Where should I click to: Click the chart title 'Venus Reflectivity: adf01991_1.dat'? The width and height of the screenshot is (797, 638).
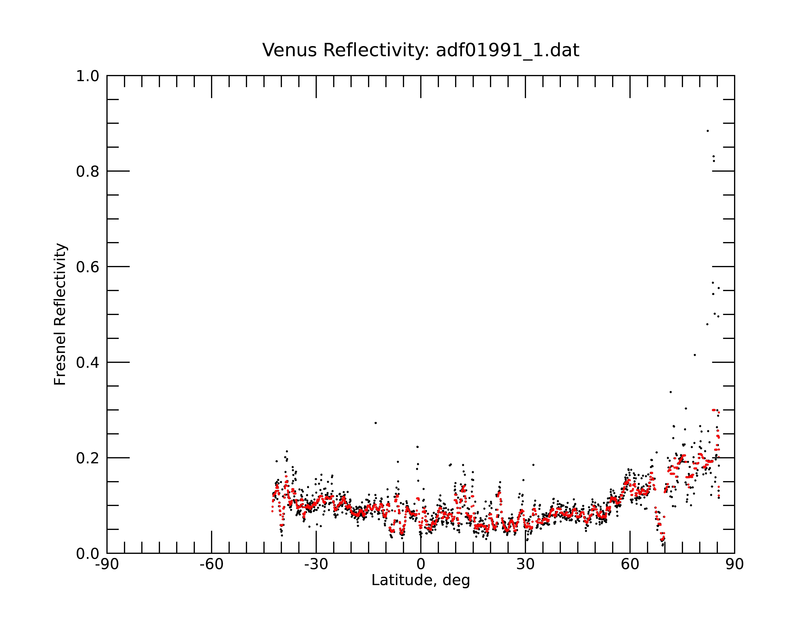pyautogui.click(x=421, y=50)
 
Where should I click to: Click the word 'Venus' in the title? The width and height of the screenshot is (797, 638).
pyautogui.click(x=290, y=50)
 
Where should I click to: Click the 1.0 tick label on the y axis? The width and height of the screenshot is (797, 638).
pyautogui.click(x=88, y=77)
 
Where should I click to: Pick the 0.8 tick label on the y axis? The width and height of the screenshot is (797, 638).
pyautogui.click(x=88, y=172)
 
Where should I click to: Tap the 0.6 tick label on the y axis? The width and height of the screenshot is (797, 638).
pyautogui.click(x=88, y=267)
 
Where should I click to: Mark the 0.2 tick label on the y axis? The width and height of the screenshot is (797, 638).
pyautogui.click(x=88, y=458)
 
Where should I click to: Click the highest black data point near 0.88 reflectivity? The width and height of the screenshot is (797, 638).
pyautogui.click(x=708, y=131)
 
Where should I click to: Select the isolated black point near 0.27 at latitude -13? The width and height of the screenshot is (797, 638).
pyautogui.click(x=376, y=423)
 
